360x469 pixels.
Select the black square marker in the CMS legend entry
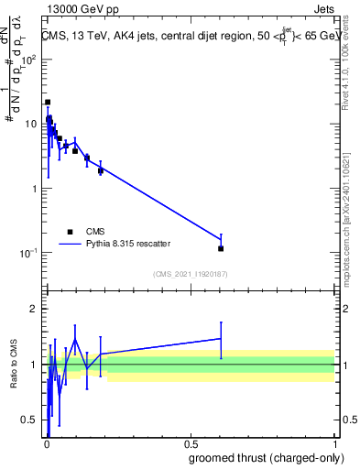coord(71,232)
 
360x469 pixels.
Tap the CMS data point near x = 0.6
coord(221,248)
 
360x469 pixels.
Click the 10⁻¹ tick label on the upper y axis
coord(29,253)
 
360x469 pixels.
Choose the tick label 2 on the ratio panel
coord(35,309)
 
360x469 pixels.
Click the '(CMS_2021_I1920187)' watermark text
coord(191,273)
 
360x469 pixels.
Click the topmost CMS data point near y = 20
coord(48,103)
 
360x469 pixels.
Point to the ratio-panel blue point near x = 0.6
coord(221,338)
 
